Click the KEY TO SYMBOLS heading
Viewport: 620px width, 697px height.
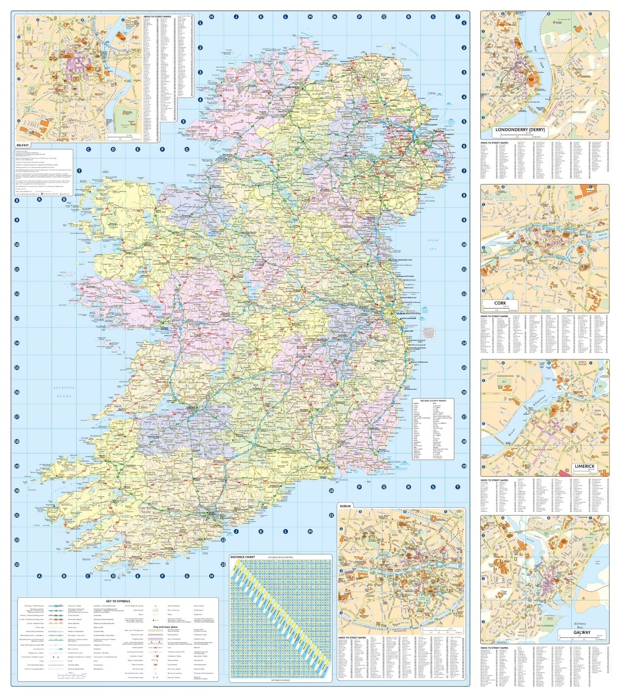click(118, 601)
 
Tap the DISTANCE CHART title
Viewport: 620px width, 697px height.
click(243, 557)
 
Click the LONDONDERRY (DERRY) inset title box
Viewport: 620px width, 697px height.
click(520, 130)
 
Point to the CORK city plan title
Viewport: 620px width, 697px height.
click(500, 303)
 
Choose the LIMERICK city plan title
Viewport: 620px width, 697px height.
click(584, 466)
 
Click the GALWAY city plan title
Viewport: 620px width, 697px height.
click(582, 633)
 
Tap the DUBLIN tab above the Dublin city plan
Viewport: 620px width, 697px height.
click(345, 506)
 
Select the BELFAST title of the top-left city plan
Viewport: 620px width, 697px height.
click(23, 145)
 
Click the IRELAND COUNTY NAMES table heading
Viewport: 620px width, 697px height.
click(433, 400)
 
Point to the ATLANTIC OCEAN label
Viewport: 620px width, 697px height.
click(64, 392)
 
